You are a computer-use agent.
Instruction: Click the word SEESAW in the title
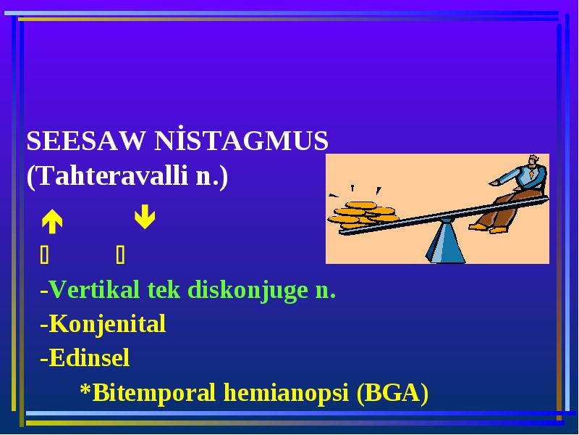tap(85, 141)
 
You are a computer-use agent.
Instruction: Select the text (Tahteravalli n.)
tap(127, 175)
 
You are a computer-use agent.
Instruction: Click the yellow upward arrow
tap(52, 222)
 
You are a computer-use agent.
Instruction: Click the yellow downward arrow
tap(145, 216)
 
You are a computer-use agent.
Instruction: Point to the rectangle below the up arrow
tap(44, 254)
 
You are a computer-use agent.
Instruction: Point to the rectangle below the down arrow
tap(120, 254)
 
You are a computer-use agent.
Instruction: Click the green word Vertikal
tap(95, 289)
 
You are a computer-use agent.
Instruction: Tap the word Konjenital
tap(107, 324)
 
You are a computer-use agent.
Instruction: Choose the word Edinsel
tap(89, 357)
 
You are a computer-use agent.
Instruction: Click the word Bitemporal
tap(153, 393)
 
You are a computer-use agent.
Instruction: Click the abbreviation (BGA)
tap(392, 393)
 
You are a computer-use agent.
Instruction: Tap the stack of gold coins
tap(363, 215)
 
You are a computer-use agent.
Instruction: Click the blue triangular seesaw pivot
tap(445, 241)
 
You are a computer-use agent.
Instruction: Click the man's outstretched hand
tap(494, 183)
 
